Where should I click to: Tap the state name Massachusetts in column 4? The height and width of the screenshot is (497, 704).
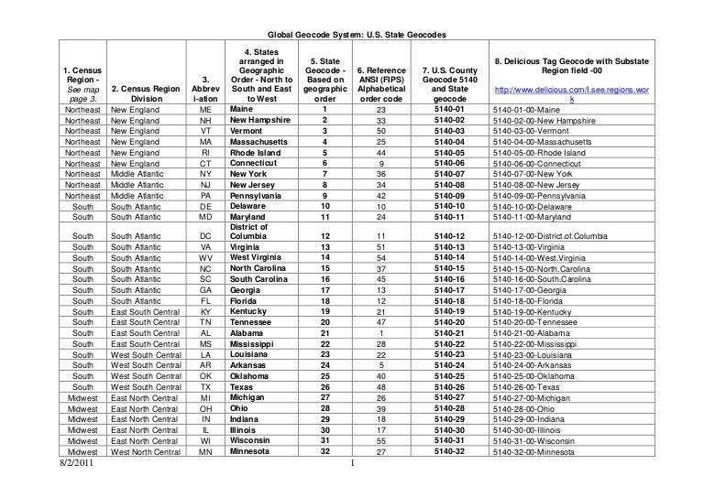point(262,144)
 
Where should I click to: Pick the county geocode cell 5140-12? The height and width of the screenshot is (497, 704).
point(450,235)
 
